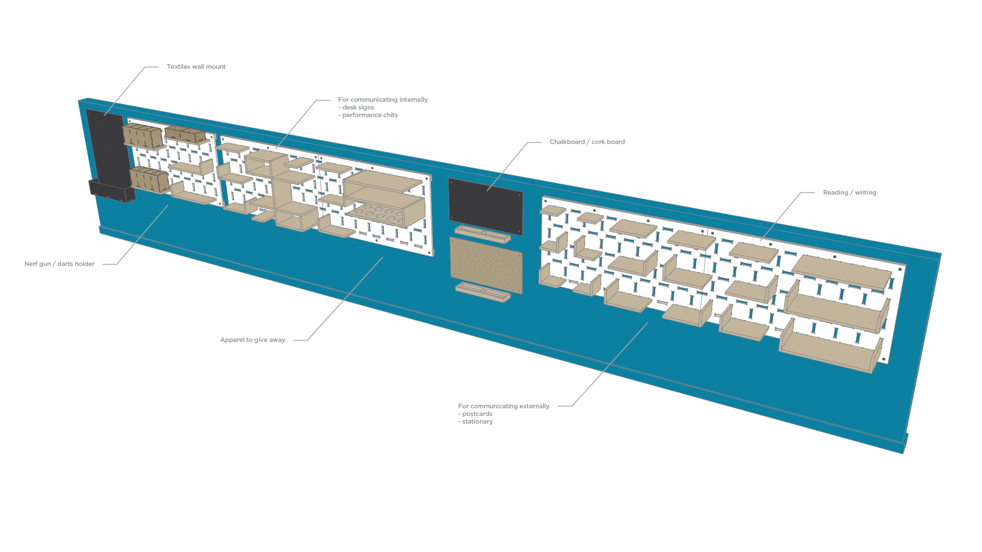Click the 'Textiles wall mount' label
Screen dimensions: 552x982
pos(196,67)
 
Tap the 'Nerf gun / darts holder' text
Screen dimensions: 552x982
pos(59,264)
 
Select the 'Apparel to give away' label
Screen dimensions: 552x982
pos(253,340)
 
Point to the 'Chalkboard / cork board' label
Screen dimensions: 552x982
pos(587,142)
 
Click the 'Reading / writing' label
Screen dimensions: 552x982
pos(849,192)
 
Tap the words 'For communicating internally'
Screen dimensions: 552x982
pos(383,100)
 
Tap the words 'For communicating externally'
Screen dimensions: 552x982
pos(504,406)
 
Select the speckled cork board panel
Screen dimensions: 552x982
pos(486,265)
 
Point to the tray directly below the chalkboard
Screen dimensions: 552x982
pos(483,234)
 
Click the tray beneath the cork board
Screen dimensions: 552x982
pos(483,292)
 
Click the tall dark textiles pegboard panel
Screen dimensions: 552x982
pos(107,149)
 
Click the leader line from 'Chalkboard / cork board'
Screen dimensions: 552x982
pos(507,167)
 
